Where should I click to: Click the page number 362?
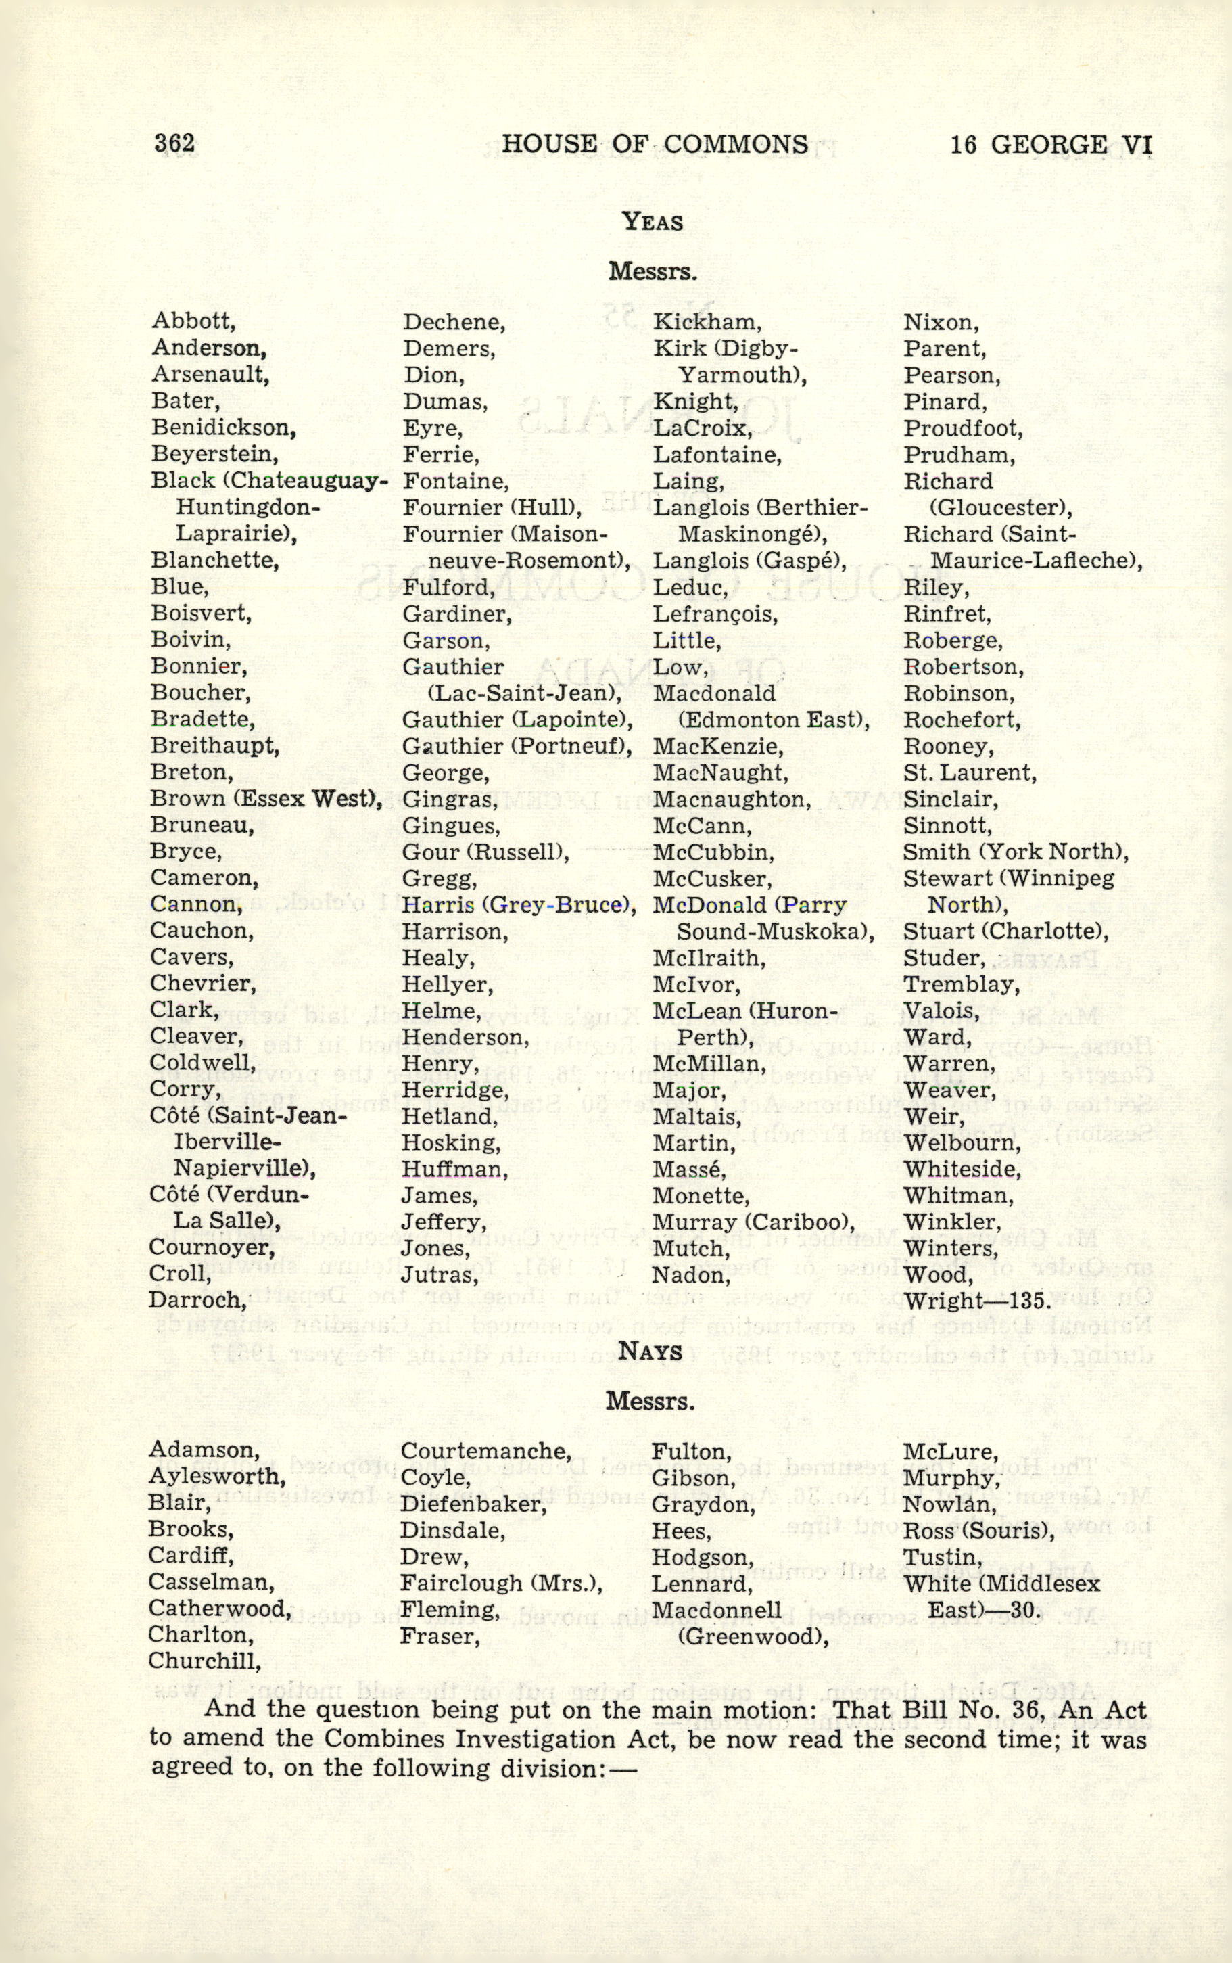click(x=174, y=143)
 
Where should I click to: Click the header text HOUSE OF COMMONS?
click(x=655, y=144)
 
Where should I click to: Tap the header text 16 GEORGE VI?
click(x=1050, y=144)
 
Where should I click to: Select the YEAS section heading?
click(x=652, y=222)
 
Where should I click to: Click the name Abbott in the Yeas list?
click(x=193, y=322)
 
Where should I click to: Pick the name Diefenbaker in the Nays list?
click(x=473, y=1504)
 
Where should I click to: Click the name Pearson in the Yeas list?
click(x=951, y=375)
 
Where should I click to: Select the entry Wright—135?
click(x=978, y=1301)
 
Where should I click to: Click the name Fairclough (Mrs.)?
click(x=501, y=1584)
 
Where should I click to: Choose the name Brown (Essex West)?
click(x=266, y=799)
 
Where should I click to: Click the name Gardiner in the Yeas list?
click(x=457, y=614)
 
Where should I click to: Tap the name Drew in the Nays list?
click(x=434, y=1556)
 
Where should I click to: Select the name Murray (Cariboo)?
click(x=754, y=1222)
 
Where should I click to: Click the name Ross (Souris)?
click(x=978, y=1530)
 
